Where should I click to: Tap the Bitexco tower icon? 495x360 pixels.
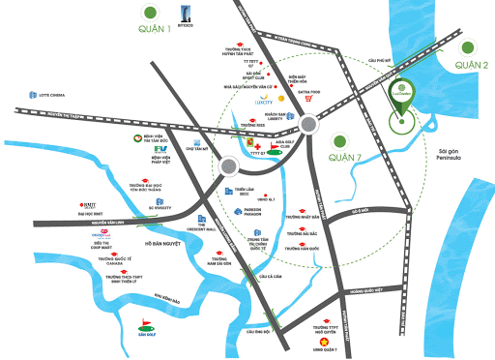[x=182, y=14]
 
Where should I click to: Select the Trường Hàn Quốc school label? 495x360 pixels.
[x=303, y=249]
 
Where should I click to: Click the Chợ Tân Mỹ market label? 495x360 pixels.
[x=197, y=148]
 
